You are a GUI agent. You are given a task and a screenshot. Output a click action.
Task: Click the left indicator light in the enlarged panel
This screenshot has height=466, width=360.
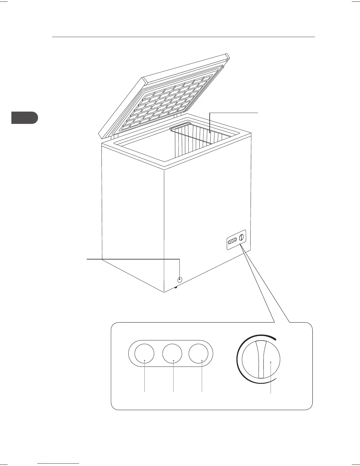click(144, 354)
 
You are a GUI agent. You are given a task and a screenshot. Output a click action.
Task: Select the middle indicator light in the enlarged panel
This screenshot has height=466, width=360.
click(172, 354)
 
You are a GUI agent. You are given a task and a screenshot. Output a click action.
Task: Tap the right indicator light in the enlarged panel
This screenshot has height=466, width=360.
click(199, 354)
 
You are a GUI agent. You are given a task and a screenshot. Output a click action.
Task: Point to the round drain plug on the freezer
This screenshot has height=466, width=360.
click(180, 279)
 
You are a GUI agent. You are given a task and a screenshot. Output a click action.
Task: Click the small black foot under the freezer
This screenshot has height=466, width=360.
click(176, 288)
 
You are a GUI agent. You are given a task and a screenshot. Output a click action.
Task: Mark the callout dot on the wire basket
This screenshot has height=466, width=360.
click(210, 132)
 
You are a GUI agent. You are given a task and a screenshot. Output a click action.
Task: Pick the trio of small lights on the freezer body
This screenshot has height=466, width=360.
click(232, 241)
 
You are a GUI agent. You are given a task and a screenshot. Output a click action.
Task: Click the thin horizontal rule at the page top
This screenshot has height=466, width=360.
click(183, 37)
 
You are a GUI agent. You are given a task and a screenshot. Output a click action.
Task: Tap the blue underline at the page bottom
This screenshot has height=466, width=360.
click(59, 463)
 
